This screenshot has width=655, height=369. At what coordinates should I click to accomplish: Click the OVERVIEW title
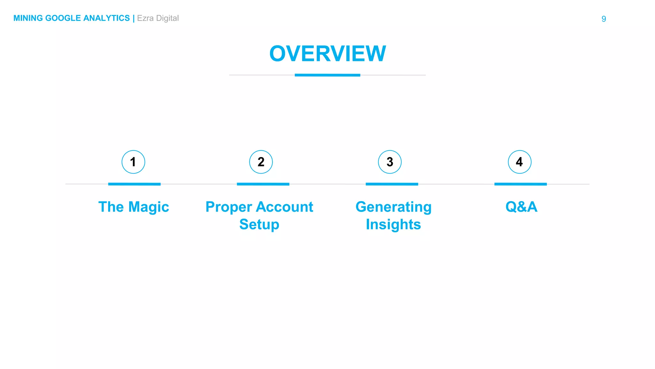click(327, 53)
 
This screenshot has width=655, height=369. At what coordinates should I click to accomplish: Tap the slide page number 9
click(604, 19)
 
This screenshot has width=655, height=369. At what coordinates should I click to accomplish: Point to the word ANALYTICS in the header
click(107, 18)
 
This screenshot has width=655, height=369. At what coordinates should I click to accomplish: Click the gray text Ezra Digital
click(158, 18)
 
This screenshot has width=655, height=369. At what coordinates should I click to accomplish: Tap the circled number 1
click(133, 162)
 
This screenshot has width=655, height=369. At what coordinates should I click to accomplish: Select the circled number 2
click(261, 162)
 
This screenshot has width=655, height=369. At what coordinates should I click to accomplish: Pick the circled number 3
click(390, 162)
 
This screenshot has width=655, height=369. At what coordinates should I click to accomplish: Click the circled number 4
click(519, 162)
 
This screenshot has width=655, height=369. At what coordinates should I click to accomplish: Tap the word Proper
click(228, 207)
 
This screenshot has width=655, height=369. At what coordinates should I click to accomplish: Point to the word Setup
click(259, 225)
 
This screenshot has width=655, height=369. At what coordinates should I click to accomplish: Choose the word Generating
click(393, 207)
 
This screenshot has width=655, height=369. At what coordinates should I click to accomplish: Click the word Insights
click(393, 225)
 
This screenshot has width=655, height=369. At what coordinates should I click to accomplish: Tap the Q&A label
click(521, 207)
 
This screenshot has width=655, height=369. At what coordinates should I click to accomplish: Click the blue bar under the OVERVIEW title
click(327, 75)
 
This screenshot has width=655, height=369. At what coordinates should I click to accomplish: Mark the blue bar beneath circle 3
click(392, 184)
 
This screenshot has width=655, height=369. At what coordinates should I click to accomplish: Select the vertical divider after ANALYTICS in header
click(133, 18)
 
